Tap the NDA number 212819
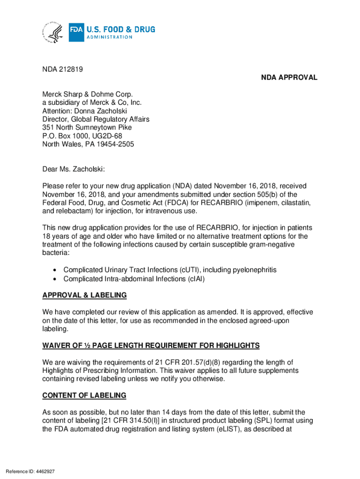[x=71, y=69]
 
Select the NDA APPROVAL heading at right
[x=289, y=78]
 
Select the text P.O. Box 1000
[x=64, y=136]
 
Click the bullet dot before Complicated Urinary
[x=55, y=270]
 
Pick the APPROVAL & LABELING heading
[x=84, y=295]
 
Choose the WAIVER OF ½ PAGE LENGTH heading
[x=151, y=346]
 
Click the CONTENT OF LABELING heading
[x=84, y=396]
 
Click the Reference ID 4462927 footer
[x=30, y=471]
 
